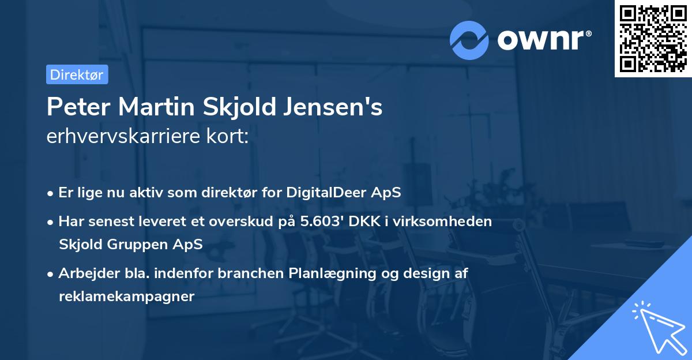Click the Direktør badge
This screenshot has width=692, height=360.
pos(77,74)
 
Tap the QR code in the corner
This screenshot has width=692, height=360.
pos(653,39)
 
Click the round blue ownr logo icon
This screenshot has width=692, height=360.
pos(469,40)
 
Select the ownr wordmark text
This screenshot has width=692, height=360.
pos(544,40)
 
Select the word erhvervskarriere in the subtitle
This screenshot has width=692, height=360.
pos(122,137)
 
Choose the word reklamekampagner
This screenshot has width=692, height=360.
pos(127,297)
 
